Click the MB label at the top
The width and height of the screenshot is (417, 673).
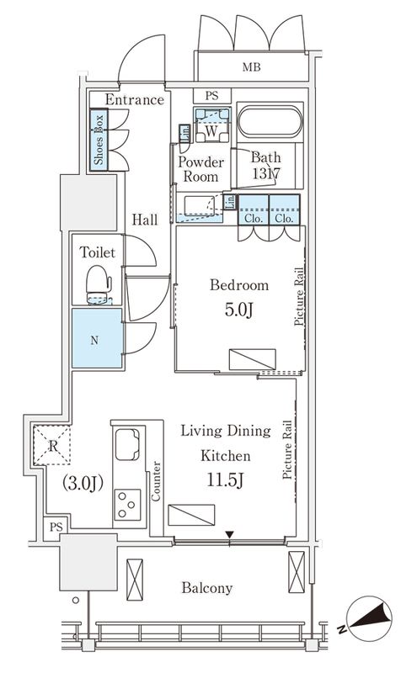[x=251, y=67]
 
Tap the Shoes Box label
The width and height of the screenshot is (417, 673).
[x=99, y=139]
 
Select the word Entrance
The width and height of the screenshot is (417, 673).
[x=135, y=99]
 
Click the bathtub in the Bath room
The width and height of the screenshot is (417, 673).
[x=270, y=121]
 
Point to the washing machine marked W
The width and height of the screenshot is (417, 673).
[x=212, y=125]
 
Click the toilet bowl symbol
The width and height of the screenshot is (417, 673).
[x=99, y=284]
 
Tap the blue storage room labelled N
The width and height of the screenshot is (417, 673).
[x=97, y=338]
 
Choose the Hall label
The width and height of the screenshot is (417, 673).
[x=144, y=220]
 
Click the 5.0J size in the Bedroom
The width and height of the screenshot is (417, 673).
[x=238, y=309]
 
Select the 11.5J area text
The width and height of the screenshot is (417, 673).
[x=225, y=480]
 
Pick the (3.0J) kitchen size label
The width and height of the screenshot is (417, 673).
[x=83, y=483]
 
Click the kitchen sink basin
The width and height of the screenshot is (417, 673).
[x=128, y=444]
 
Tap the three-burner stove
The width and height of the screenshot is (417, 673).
[x=127, y=505]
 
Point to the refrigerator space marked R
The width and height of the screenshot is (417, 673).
[x=52, y=445]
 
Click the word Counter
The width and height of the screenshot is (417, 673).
[x=156, y=481]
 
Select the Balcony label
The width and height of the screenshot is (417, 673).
[x=206, y=587]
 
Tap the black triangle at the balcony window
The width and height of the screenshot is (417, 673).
[x=230, y=535]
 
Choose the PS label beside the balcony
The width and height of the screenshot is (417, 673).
[x=56, y=527]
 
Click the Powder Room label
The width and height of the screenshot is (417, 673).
[x=200, y=169]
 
